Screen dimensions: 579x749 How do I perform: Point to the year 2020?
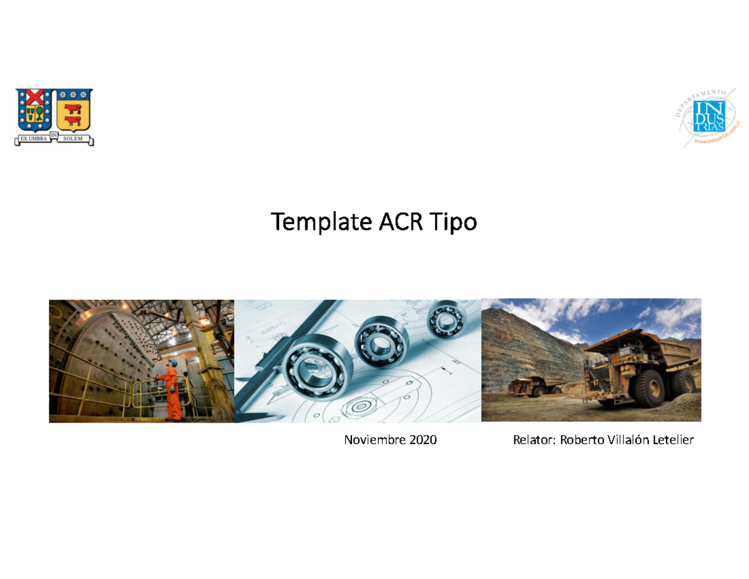click(x=423, y=441)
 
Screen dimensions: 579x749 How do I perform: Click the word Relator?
click(x=533, y=441)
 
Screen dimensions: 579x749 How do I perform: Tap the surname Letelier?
click(x=673, y=441)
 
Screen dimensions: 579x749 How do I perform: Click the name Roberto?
click(x=580, y=441)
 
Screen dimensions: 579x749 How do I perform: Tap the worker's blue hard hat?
click(x=175, y=362)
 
